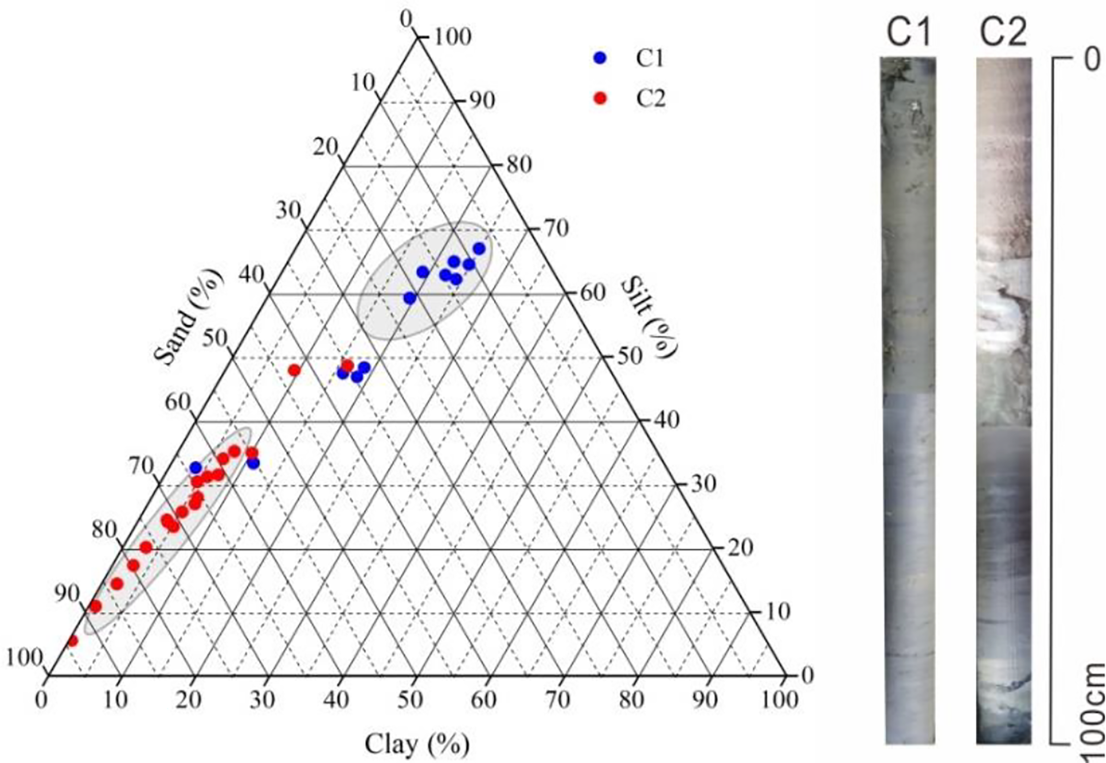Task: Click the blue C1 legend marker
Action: point(600,58)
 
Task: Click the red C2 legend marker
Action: point(600,98)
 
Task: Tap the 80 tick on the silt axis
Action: point(519,165)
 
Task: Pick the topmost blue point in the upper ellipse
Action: point(479,249)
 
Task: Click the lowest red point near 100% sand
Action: point(73,641)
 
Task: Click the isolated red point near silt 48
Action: point(294,370)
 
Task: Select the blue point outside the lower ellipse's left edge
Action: point(195,467)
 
